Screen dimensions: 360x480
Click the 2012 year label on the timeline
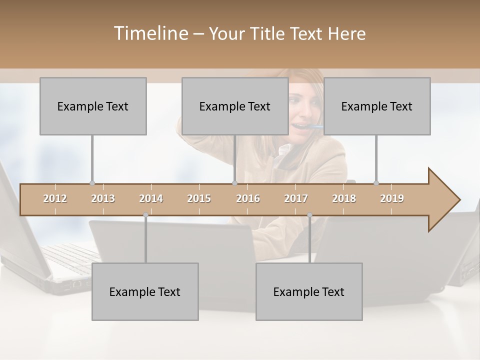55,198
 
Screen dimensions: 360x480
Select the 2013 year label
103,198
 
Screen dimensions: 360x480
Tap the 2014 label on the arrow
151,198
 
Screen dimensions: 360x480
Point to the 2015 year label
199,198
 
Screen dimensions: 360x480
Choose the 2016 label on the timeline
248,198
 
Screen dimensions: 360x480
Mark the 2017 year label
296,198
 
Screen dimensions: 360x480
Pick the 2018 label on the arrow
344,198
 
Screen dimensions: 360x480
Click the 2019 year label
392,198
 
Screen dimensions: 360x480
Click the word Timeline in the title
150,33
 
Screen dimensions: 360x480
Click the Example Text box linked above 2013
93,106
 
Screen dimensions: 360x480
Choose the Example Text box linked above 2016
235,106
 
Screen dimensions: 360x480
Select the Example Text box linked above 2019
377,106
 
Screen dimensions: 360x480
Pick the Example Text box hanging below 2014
145,291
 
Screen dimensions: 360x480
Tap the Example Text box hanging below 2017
309,291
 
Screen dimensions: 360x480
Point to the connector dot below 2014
145,215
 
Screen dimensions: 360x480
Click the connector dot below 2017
309,215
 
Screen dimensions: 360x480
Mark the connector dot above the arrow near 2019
376,183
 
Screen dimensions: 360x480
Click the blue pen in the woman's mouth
315,127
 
